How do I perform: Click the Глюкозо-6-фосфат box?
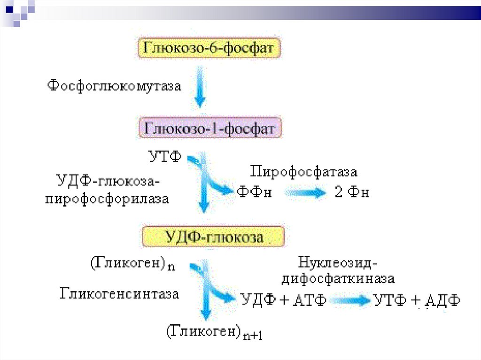[210, 48]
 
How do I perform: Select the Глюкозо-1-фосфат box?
[210, 128]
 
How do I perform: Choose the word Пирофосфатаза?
[303, 172]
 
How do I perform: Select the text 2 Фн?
[351, 192]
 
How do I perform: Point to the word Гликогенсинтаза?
[119, 294]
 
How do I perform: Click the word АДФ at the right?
[442, 300]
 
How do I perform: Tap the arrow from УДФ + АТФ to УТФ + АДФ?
[350, 300]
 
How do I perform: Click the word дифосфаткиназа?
[338, 278]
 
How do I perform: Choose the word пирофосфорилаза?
[107, 199]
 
